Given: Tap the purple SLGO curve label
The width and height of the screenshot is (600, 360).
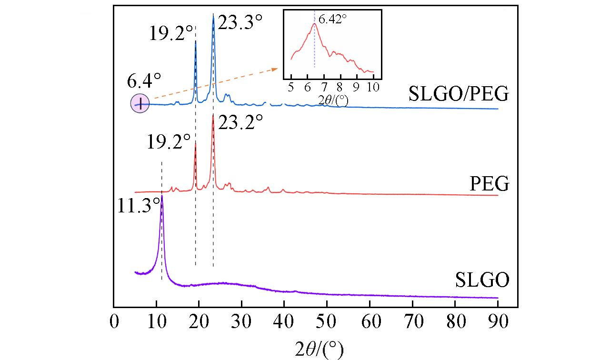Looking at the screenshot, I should click(482, 279).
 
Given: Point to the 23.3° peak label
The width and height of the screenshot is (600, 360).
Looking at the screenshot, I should click(240, 22).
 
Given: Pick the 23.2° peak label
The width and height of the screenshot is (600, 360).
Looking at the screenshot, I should click(240, 125).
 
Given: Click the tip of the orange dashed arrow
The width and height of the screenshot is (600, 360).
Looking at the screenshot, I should click(278, 69).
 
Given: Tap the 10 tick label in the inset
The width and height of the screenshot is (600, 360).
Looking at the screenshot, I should click(373, 87).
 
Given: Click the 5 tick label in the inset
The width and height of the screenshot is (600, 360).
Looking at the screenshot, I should click(291, 87).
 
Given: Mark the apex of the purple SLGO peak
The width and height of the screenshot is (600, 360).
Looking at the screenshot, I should click(162, 195).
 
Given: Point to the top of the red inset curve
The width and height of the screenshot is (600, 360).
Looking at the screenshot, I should click(314, 24).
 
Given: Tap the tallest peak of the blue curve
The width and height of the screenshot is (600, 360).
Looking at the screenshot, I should click(213, 14).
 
